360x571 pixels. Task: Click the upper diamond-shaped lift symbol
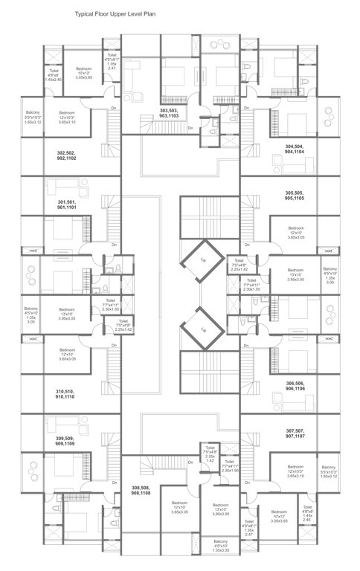202,260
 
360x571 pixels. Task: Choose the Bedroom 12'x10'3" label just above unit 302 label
67,120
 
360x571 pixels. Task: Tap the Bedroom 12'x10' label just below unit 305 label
296,231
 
